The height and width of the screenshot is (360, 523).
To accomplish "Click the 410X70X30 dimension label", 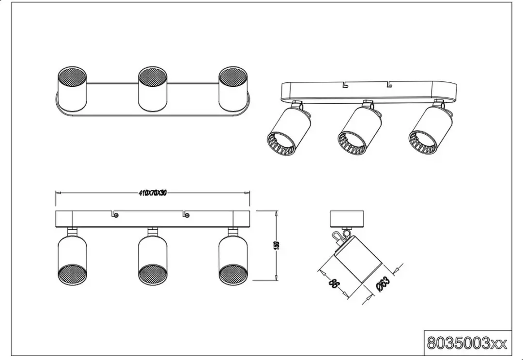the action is tap(153, 193).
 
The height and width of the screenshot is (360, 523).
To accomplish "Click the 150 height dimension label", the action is tap(276, 245).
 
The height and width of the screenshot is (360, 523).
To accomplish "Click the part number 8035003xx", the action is tap(467, 343).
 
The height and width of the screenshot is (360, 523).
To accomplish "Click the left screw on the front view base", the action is tap(116, 215).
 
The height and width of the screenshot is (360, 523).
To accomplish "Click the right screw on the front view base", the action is tap(187, 215).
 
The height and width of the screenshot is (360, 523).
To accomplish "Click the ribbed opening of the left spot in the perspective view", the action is tap(281, 143).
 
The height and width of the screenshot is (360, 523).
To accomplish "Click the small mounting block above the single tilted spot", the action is tap(346, 219).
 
